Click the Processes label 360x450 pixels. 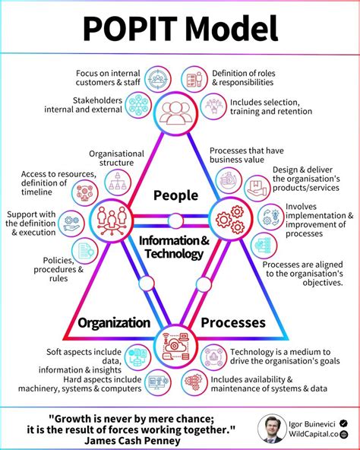point(233,322)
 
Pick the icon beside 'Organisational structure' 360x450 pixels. point(117,182)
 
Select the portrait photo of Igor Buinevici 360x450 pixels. point(271,428)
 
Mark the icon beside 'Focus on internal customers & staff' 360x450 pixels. point(158,79)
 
